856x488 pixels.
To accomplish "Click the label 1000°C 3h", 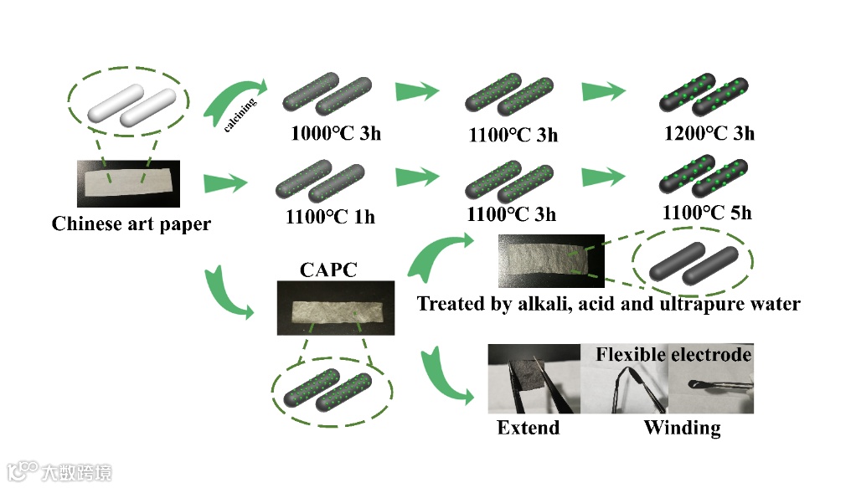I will (x=335, y=131).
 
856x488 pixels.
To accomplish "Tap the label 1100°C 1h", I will (x=329, y=217).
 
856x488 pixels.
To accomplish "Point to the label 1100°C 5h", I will (x=706, y=213).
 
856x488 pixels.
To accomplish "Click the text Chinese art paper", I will (x=131, y=224).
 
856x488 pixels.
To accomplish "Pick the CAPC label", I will (x=328, y=270).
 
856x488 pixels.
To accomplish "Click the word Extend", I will (x=528, y=428).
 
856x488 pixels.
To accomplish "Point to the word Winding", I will (x=682, y=428).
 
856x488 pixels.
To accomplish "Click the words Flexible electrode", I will (x=673, y=355).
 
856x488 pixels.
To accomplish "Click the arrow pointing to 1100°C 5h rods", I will (x=604, y=178).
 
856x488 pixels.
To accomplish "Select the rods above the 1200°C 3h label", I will (x=704, y=96).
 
